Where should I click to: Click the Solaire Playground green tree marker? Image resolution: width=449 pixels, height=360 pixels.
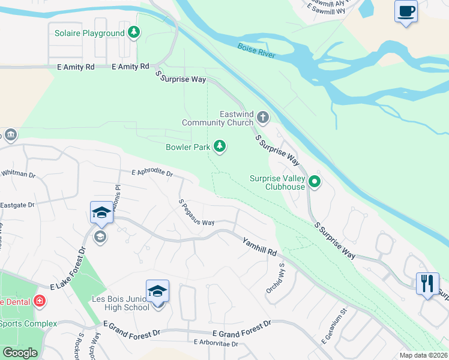(x=134, y=33)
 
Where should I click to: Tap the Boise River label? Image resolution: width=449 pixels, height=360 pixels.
(x=256, y=51)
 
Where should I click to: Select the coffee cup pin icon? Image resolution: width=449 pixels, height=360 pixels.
(x=406, y=11)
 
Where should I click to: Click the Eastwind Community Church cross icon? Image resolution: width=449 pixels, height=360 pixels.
(x=263, y=116)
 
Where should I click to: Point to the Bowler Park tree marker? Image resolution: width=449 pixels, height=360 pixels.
(x=220, y=146)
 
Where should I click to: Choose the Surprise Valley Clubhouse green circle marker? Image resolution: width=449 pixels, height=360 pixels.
(x=315, y=181)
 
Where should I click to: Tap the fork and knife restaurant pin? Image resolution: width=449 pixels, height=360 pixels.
(x=427, y=283)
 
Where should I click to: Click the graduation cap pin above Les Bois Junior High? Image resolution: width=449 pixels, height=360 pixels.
(x=157, y=292)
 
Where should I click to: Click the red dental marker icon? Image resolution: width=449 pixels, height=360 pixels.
(x=40, y=301)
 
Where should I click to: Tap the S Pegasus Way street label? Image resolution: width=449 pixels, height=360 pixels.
(x=197, y=212)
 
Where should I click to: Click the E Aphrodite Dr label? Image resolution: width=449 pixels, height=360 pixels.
(x=152, y=173)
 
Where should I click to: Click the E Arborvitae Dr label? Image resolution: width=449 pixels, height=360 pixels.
(x=216, y=344)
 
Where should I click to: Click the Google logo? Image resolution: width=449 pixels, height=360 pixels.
(x=20, y=353)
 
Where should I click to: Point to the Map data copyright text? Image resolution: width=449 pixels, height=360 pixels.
(x=423, y=355)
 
